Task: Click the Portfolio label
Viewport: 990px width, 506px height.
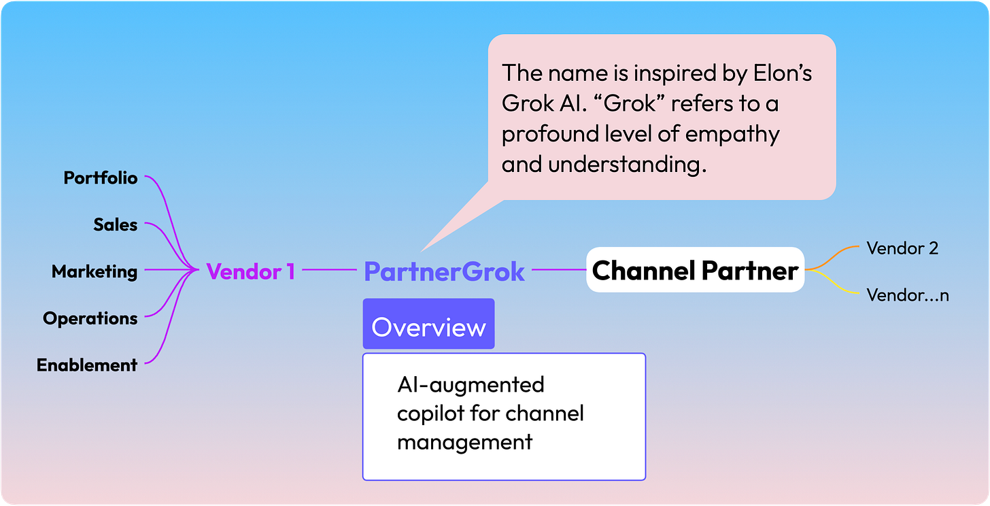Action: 101,178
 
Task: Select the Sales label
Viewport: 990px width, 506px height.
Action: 116,225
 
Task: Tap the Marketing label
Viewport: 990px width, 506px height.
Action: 95,272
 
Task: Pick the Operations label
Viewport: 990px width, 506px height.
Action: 90,318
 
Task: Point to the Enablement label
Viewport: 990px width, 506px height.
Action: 87,365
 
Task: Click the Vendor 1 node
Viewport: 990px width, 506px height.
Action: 251,272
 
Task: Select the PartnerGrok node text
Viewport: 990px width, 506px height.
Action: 444,272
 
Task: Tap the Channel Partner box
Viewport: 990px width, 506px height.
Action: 695,271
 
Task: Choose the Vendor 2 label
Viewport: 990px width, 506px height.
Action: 902,249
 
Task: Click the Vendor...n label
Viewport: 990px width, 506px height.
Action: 907,295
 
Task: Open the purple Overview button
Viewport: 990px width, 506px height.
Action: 428,327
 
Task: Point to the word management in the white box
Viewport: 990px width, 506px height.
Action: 464,442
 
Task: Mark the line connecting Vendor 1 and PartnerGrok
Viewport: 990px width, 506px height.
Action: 329,270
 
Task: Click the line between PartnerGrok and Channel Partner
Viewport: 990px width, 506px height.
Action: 558,270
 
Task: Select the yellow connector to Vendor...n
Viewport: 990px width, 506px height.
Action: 832,284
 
